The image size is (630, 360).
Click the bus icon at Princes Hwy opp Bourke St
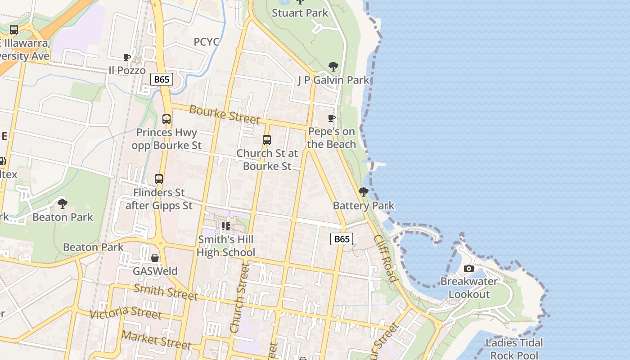166,119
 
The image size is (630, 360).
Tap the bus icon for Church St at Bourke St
267,140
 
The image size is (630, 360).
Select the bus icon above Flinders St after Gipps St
159,179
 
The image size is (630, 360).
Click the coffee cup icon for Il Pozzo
127,57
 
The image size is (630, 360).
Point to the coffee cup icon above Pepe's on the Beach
332,118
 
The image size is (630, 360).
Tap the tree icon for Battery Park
364,192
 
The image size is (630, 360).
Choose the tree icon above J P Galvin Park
333,67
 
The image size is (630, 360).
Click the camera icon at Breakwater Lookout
469,269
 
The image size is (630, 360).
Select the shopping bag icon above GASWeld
155,258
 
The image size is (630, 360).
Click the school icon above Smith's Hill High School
225,226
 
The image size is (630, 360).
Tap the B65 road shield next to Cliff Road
342,239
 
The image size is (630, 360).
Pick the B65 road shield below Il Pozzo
162,80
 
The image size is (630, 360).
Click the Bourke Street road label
225,114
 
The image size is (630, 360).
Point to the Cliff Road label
386,258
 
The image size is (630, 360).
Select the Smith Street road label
166,292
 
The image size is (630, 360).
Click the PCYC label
207,42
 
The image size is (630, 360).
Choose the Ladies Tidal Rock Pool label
514,349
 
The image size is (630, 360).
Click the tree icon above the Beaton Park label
63,204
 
